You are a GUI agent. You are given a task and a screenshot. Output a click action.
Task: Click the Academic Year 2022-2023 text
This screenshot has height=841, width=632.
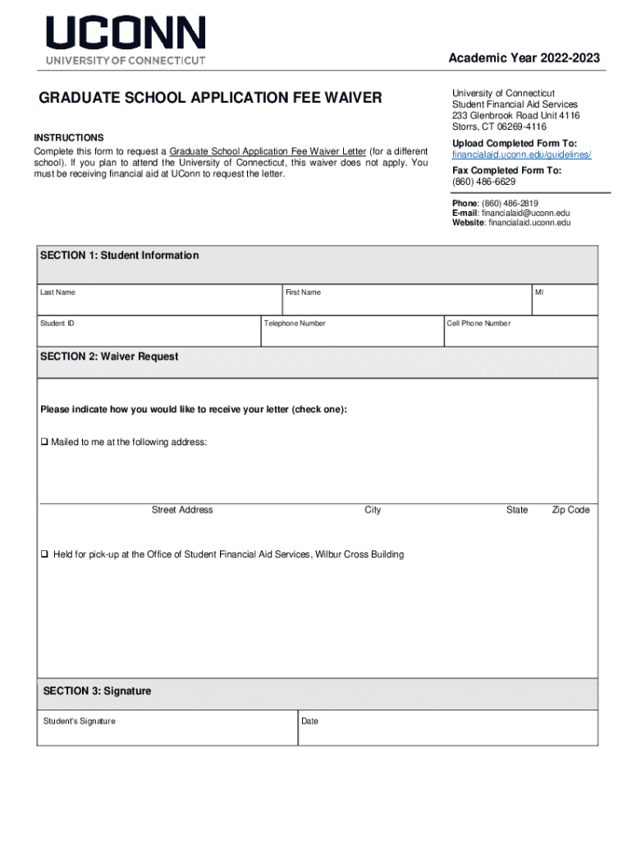[524, 57]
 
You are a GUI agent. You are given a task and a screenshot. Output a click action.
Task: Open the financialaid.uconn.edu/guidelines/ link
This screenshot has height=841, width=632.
[521, 154]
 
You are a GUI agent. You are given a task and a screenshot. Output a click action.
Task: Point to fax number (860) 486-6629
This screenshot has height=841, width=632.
[483, 182]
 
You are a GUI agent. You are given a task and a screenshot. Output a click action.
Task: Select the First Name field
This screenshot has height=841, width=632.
[405, 304]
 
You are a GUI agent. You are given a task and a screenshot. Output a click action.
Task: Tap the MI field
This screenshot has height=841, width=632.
[564, 304]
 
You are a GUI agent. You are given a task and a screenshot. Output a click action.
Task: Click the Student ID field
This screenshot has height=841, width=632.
[148, 334]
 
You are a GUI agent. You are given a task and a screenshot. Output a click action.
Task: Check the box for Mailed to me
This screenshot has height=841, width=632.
[45, 443]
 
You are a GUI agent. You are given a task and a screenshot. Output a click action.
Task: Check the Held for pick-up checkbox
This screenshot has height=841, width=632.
[45, 555]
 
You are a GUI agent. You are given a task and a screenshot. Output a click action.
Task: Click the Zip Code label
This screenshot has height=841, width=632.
[570, 510]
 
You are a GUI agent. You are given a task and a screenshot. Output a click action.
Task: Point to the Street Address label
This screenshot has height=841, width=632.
[182, 510]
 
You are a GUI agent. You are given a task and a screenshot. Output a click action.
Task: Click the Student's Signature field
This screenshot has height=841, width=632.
[167, 732]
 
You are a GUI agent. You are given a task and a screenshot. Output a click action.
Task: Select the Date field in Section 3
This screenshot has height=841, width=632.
[447, 732]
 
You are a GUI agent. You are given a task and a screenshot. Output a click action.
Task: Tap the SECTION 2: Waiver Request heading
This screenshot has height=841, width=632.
[109, 356]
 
